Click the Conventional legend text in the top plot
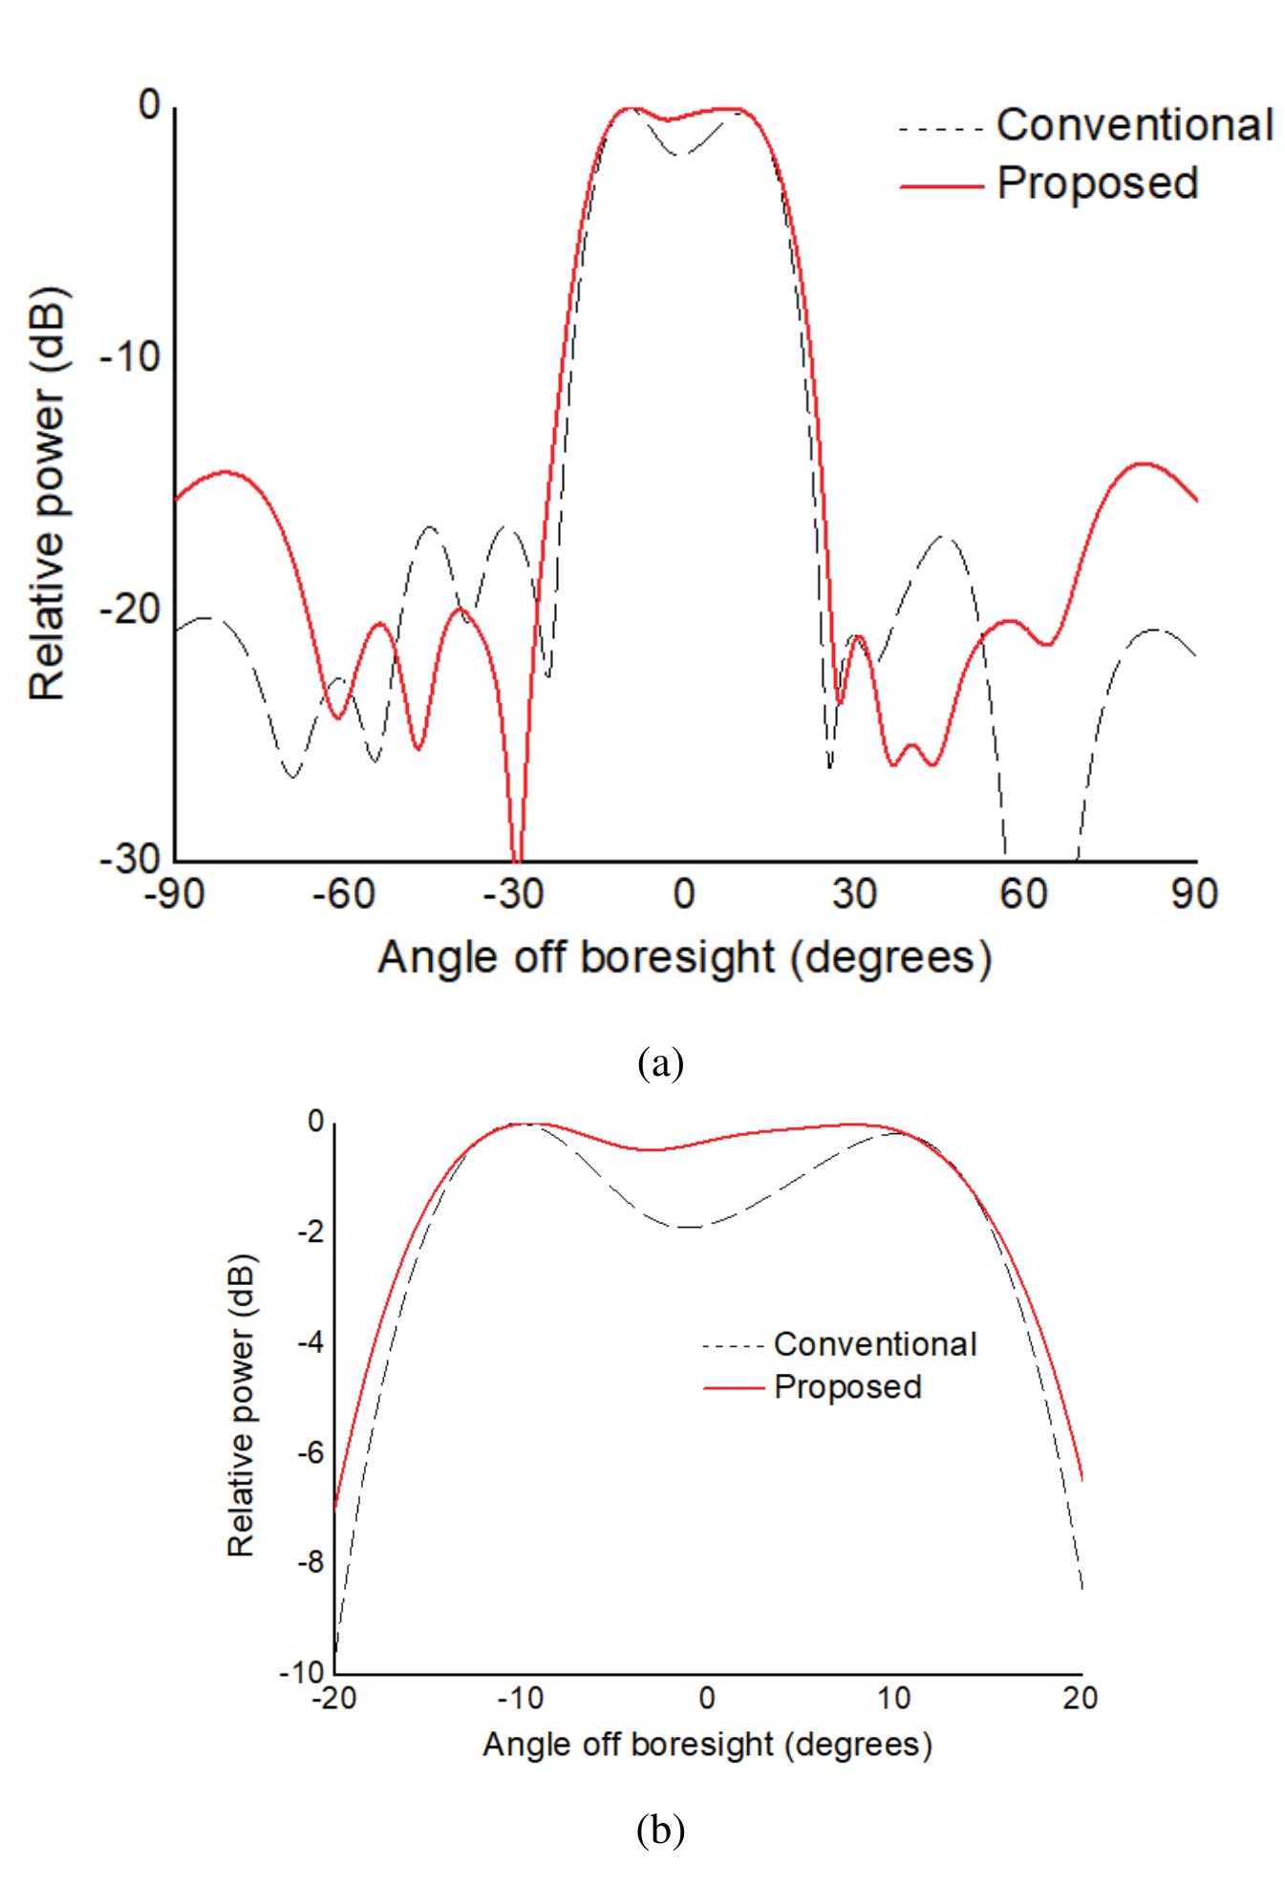(1134, 125)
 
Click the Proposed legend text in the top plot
(1097, 182)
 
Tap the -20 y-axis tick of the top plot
(131, 610)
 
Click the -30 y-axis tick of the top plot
(131, 859)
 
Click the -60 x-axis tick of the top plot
(346, 894)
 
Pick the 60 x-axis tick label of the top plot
(1024, 894)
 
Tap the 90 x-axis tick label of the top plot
(1193, 894)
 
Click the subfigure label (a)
(660, 1061)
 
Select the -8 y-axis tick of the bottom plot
(311, 1564)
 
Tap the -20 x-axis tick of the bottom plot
(333, 1698)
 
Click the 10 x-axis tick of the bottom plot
(893, 1698)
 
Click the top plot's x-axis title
(684, 956)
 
